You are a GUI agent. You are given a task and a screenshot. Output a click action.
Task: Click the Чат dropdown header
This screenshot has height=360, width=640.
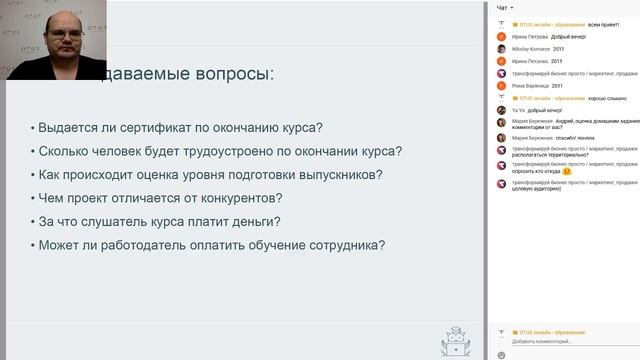505,8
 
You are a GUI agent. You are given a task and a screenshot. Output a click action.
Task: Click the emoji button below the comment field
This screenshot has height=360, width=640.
501,354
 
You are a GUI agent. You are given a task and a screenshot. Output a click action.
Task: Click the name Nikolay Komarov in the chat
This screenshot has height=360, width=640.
530,48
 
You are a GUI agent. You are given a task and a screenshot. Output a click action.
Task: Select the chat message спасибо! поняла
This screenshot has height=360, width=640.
563,138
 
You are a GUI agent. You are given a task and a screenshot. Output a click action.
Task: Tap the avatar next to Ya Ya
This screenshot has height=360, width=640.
502,111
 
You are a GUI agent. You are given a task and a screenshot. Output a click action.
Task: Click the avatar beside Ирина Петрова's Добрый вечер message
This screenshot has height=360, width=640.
502,36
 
